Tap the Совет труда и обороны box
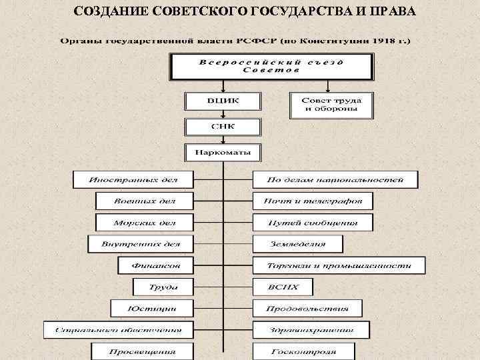[x=331, y=105]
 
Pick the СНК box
[x=223, y=127]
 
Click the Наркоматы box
[x=223, y=153]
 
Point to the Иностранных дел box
[x=133, y=179]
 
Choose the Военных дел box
[x=144, y=201]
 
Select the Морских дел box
[x=144, y=222]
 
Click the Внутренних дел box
[x=140, y=243]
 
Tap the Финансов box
[x=155, y=265]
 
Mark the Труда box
[x=163, y=287]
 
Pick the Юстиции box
[x=151, y=308]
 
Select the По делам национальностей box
[x=335, y=179]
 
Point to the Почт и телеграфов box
[x=313, y=201]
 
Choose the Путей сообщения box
[x=313, y=222]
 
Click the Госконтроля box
[x=303, y=351]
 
